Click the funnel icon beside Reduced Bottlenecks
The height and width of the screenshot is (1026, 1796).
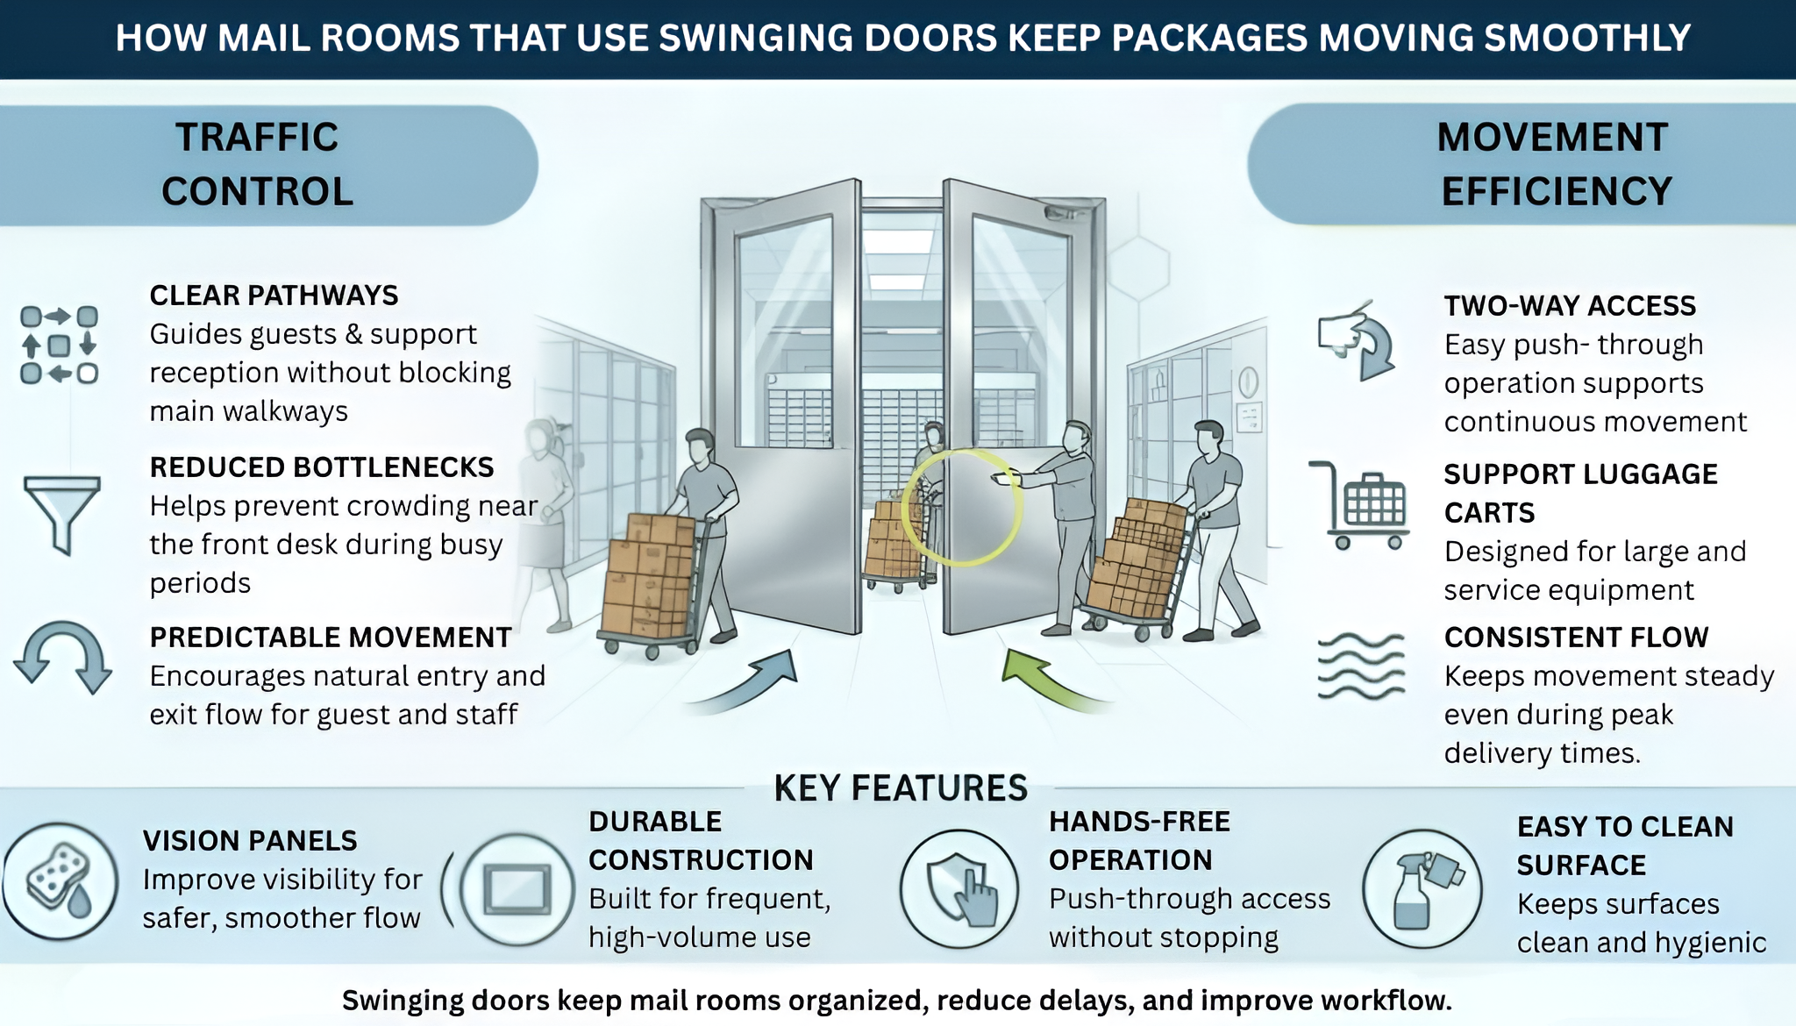(61, 513)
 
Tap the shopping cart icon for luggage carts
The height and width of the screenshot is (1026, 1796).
(1362, 506)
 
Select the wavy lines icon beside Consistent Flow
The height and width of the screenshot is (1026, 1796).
(1360, 666)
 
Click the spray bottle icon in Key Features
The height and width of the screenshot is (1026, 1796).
(1422, 888)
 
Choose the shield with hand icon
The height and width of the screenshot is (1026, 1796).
(960, 888)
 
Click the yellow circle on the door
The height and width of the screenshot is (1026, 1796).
(962, 507)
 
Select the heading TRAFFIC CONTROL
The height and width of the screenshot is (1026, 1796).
(257, 164)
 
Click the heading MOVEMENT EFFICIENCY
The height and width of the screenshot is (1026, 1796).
(1555, 164)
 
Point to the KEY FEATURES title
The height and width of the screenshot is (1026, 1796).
(900, 787)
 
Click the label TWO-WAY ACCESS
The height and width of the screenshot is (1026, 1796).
(1570, 305)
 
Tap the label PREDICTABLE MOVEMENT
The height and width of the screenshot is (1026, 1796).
(331, 637)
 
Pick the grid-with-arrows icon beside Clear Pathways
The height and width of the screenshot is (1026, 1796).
(59, 345)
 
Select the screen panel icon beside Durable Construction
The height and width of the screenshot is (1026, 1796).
(517, 888)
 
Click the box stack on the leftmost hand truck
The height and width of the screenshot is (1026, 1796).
(649, 574)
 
